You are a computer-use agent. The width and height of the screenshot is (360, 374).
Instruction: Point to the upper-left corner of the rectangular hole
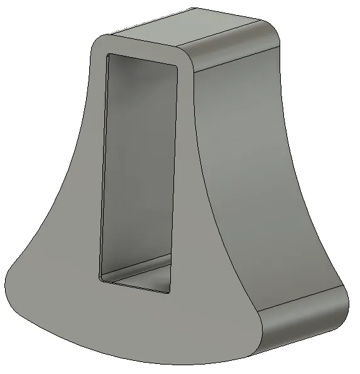point(109,56)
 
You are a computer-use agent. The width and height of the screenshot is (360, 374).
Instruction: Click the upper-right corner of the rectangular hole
point(175,65)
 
